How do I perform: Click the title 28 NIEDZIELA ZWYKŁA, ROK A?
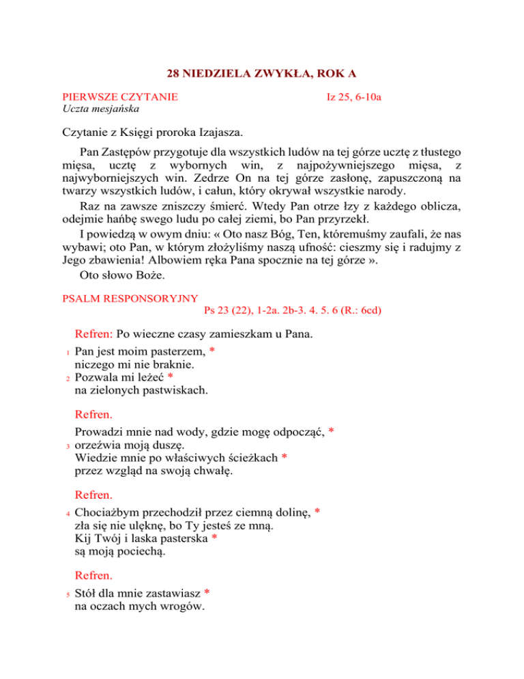tap(263, 73)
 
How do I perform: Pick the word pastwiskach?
tap(175, 391)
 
